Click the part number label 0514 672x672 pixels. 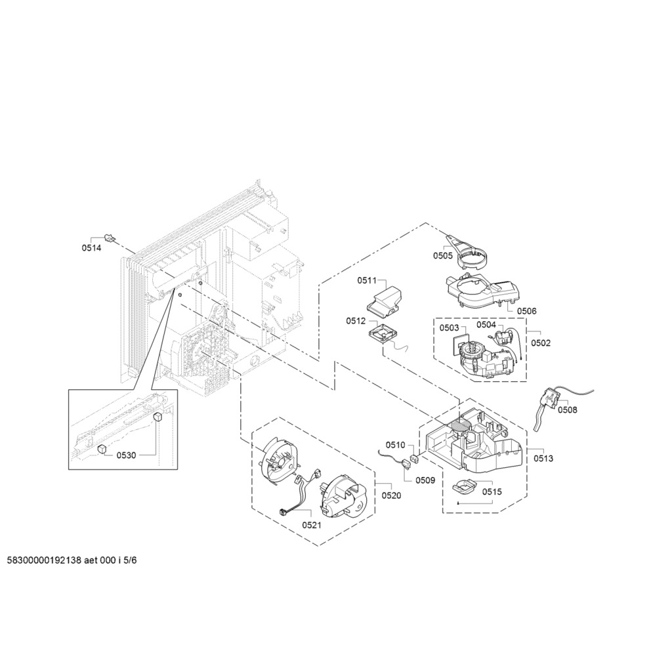pyautogui.click(x=91, y=247)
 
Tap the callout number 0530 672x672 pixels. pyautogui.click(x=126, y=455)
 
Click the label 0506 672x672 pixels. pyautogui.click(x=527, y=311)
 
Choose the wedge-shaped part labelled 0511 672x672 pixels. pyautogui.click(x=385, y=299)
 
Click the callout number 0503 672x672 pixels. pyautogui.click(x=449, y=328)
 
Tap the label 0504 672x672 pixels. pyautogui.click(x=486, y=324)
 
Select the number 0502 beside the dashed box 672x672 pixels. pyautogui.click(x=541, y=343)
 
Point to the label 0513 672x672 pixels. pyautogui.click(x=543, y=459)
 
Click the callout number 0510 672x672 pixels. pyautogui.click(x=395, y=445)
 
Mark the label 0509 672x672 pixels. pyautogui.click(x=425, y=480)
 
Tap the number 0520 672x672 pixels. pyautogui.click(x=391, y=495)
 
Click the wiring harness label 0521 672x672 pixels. pyautogui.click(x=312, y=525)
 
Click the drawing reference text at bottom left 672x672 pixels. pyautogui.click(x=72, y=560)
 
